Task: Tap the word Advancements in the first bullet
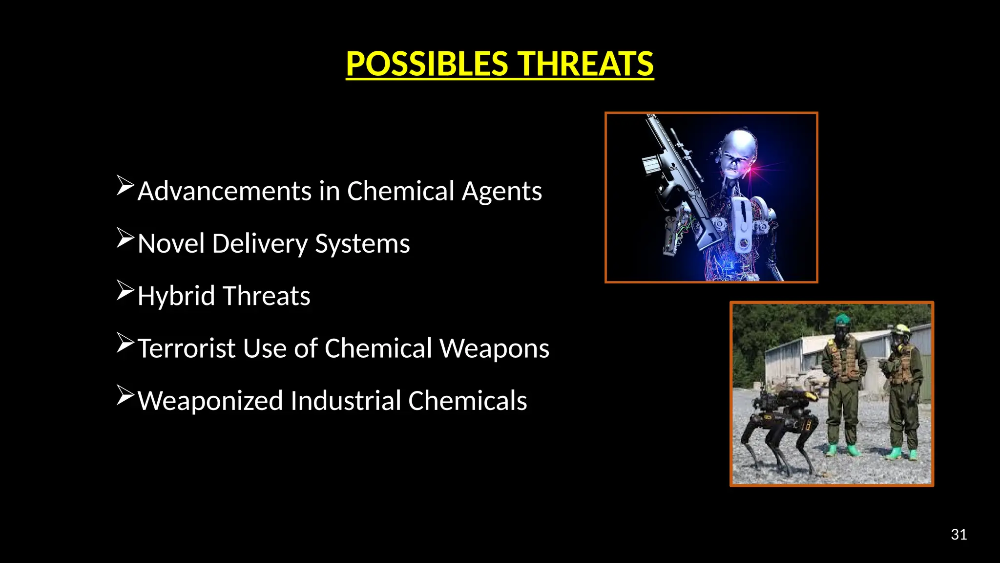(x=225, y=191)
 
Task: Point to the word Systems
(x=362, y=244)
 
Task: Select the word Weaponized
(x=210, y=401)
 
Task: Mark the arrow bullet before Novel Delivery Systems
(x=125, y=238)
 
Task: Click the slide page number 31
(x=958, y=535)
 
